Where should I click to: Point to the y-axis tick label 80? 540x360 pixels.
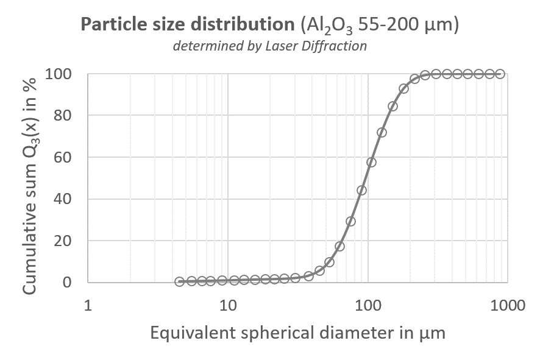click(63, 115)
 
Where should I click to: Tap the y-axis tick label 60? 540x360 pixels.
click(63, 157)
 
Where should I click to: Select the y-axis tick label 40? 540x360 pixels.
click(63, 199)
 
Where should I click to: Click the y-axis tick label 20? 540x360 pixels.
click(63, 241)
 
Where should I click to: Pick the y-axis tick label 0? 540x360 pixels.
click(67, 282)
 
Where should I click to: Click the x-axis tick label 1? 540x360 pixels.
click(88, 305)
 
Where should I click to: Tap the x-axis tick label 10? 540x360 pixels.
click(228, 305)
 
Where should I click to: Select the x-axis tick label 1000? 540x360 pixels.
click(508, 305)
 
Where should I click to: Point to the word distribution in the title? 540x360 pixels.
click(243, 24)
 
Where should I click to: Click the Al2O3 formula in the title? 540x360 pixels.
click(327, 26)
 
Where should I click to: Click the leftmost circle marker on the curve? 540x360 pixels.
click(179, 281)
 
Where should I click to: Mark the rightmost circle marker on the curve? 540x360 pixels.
click(500, 74)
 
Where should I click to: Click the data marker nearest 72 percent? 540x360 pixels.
click(382, 133)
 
